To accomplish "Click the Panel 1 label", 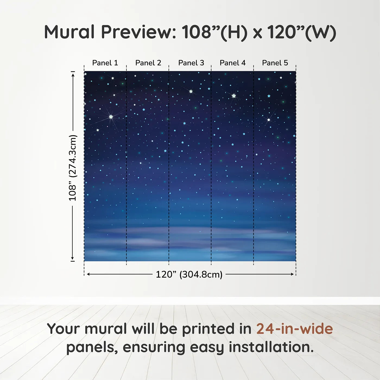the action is coord(105,63).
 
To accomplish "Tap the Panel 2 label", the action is coord(148,63).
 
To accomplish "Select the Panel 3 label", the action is coord(191,63).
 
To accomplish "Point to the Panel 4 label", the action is coord(233,63).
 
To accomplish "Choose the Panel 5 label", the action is coord(275,63).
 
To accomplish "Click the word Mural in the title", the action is coord(69,32).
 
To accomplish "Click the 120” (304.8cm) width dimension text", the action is coord(189,274).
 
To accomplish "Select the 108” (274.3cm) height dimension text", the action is coord(72,168).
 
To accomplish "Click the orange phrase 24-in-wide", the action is coord(294,329).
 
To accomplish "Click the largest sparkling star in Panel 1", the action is coord(111,117).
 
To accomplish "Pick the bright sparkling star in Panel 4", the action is coord(234,96).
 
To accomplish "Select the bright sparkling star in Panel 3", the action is coord(191,91).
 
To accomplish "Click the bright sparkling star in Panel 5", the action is coord(269,120).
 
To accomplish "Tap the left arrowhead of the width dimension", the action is coord(88,274).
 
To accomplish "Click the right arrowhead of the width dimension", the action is coord(292,274).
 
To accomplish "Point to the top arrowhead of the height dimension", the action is coord(73,75).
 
